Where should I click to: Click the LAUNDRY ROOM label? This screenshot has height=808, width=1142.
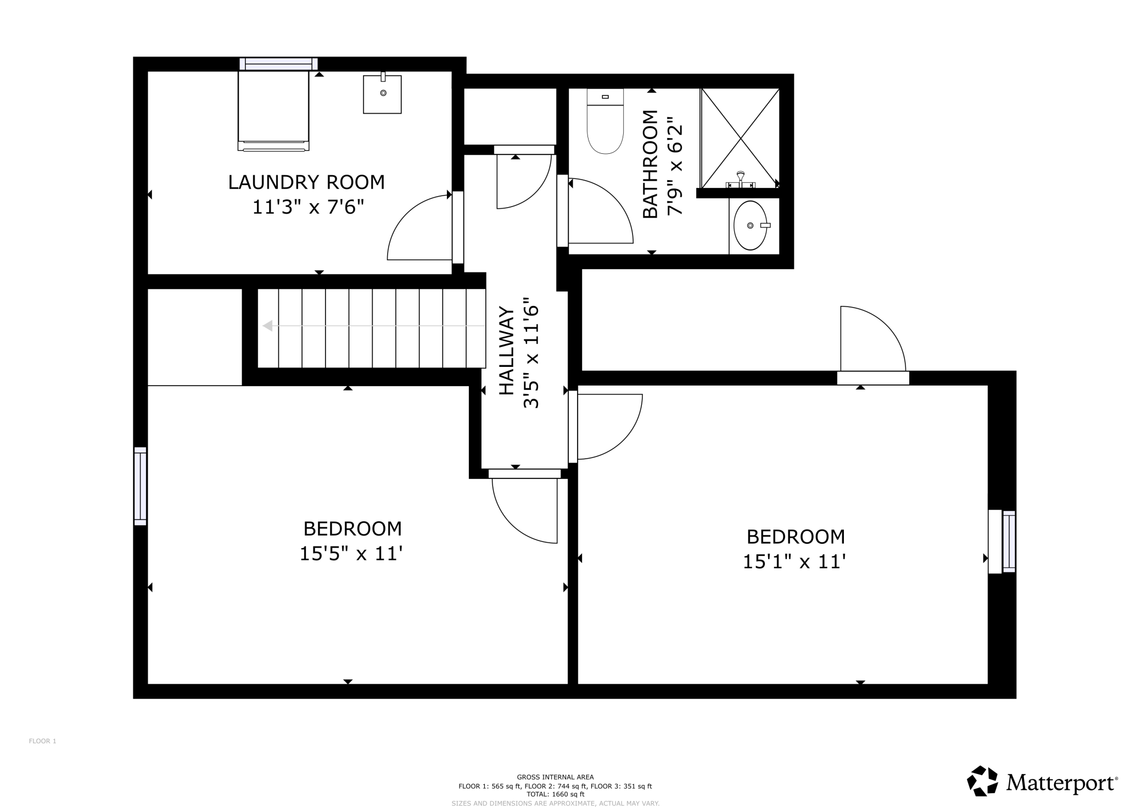[x=306, y=182]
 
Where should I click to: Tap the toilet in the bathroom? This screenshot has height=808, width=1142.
[x=605, y=121]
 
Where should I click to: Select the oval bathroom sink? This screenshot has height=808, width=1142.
[x=751, y=225]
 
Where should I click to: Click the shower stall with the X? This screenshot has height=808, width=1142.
[x=740, y=138]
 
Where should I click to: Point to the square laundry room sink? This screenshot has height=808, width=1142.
[x=382, y=93]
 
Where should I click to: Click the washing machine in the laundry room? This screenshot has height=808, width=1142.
[x=273, y=110]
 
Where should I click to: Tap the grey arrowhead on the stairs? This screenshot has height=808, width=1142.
[x=268, y=326]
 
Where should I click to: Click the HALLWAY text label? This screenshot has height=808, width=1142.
[x=507, y=351]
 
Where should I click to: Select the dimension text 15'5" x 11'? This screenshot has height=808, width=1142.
[x=351, y=553]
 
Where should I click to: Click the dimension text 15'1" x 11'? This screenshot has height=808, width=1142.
[x=794, y=561]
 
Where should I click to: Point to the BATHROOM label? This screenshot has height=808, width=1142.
[x=650, y=164]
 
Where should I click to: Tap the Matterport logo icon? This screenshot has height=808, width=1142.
[x=982, y=781]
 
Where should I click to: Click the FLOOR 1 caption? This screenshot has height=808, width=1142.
[x=43, y=741]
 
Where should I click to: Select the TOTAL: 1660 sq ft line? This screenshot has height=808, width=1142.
[x=555, y=794]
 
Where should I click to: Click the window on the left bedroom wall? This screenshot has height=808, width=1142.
[x=141, y=486]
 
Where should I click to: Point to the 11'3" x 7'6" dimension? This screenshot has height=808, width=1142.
[x=308, y=207]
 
